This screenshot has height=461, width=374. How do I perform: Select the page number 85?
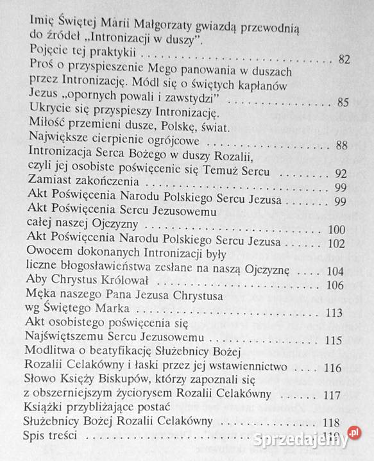pyautogui.click(x=342, y=102)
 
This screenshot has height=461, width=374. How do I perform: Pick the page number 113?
pyautogui.click(x=334, y=314)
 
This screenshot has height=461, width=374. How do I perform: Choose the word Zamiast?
pyautogui.click(x=52, y=187)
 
